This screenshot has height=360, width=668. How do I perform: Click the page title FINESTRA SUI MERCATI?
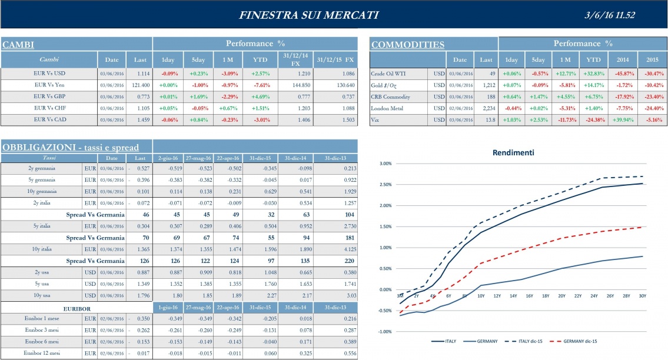pyautogui.click(x=309, y=15)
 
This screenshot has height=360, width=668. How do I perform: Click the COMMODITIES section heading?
pyautogui.click(x=407, y=45)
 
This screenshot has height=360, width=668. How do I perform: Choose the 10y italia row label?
pyautogui.click(x=41, y=249)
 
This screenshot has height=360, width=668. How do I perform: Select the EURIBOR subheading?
pyautogui.click(x=77, y=307)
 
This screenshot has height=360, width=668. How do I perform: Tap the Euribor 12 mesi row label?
pyautogui.click(x=41, y=353)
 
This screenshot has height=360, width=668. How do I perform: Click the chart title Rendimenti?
pyautogui.click(x=513, y=152)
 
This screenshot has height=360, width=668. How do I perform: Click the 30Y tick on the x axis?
pyautogui.click(x=642, y=295)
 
